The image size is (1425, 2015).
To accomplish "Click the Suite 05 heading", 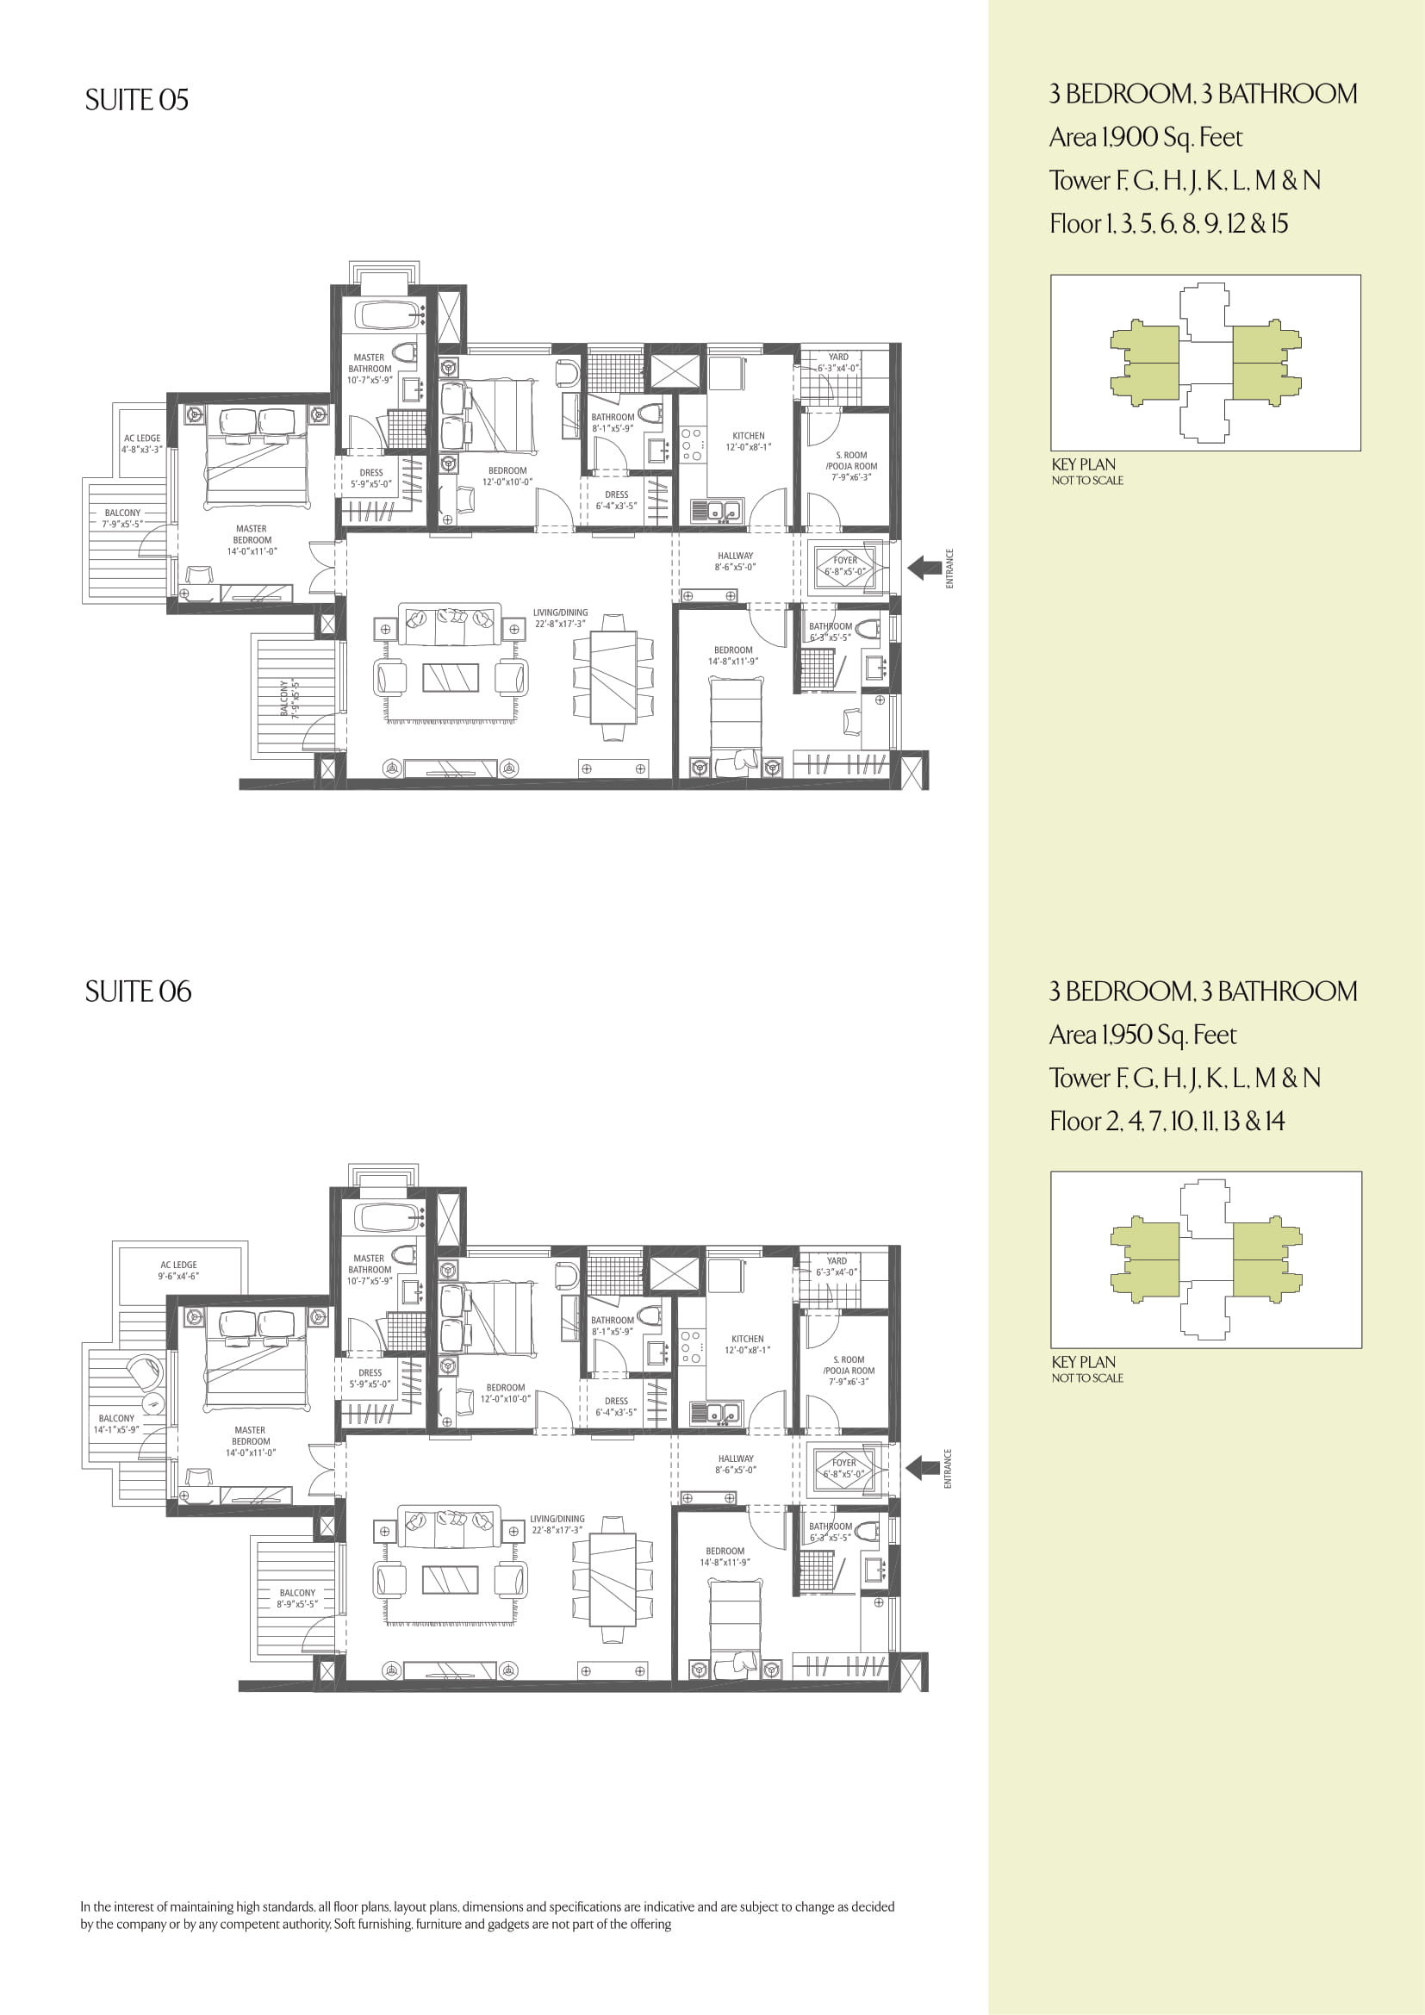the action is click(x=137, y=100).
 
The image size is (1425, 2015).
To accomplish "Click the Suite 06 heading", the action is click(x=138, y=992).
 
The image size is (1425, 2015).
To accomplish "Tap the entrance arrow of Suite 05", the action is click(x=923, y=568).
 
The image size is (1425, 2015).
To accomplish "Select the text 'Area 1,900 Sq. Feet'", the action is click(x=1146, y=138).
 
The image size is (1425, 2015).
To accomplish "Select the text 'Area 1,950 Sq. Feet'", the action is click(x=1142, y=1035).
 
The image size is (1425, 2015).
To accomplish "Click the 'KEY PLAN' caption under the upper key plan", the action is click(x=1084, y=464).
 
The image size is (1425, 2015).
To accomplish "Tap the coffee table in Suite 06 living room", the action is click(x=450, y=1580).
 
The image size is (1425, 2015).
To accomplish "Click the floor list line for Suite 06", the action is click(x=1167, y=1122).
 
